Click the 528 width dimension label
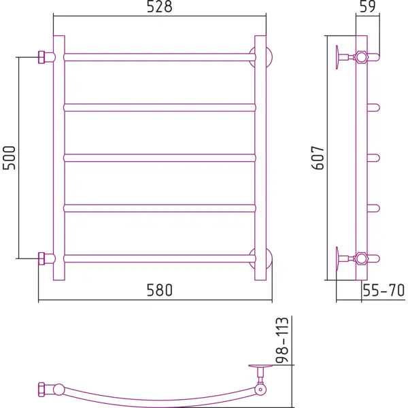[x=160, y=7]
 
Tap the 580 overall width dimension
[x=160, y=290]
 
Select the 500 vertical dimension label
[x=9, y=158]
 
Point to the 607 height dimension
[x=318, y=158]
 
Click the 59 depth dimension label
[x=368, y=7]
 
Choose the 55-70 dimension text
[x=384, y=290]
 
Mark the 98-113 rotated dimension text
[x=282, y=340]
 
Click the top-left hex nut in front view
[x=41, y=57]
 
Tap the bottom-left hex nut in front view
[x=41, y=258]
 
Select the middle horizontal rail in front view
[x=160, y=158]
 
